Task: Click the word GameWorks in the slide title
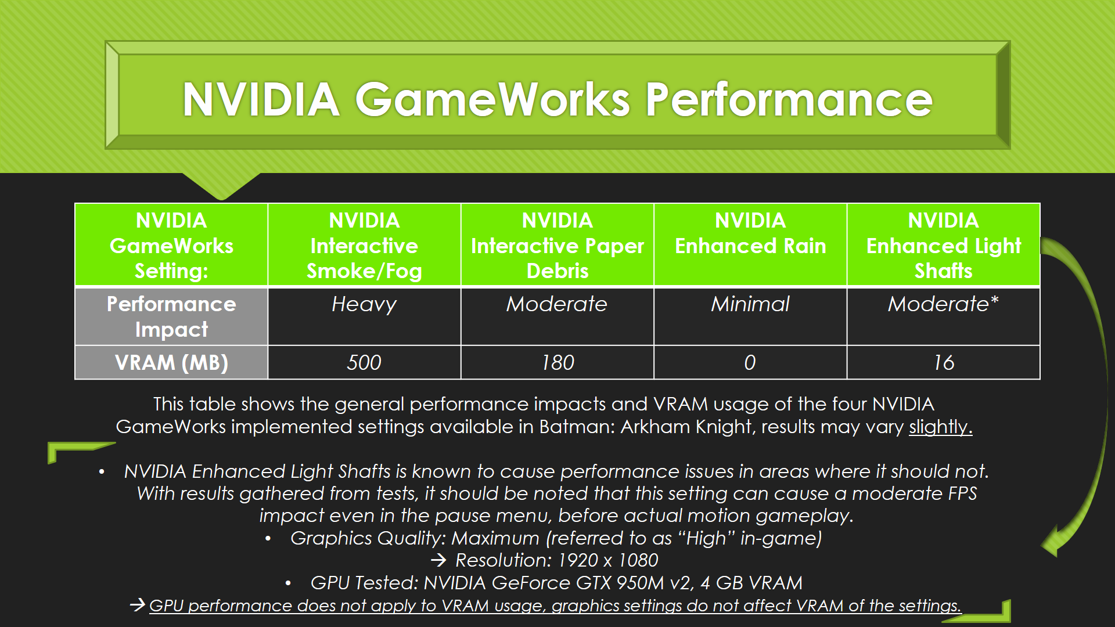pyautogui.click(x=492, y=99)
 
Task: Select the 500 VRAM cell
pyautogui.click(x=364, y=362)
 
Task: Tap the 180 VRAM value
pyautogui.click(x=557, y=362)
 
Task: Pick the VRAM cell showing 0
pyautogui.click(x=750, y=362)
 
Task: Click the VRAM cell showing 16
pyautogui.click(x=944, y=362)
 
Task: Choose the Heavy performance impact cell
pyautogui.click(x=364, y=316)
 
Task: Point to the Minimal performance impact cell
pyautogui.click(x=750, y=316)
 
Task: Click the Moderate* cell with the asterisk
pyautogui.click(x=944, y=316)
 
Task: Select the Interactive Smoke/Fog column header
pyautogui.click(x=364, y=245)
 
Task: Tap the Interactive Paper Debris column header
pyautogui.click(x=557, y=245)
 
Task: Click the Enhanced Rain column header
pyautogui.click(x=750, y=245)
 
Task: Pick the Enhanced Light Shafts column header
pyautogui.click(x=944, y=245)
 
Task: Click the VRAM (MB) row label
pyautogui.click(x=171, y=362)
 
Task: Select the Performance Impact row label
pyautogui.click(x=171, y=316)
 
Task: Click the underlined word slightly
pyautogui.click(x=940, y=427)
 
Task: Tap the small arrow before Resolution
pyautogui.click(x=439, y=560)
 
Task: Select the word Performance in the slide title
pyautogui.click(x=789, y=99)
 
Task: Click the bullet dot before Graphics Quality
pyautogui.click(x=268, y=539)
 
